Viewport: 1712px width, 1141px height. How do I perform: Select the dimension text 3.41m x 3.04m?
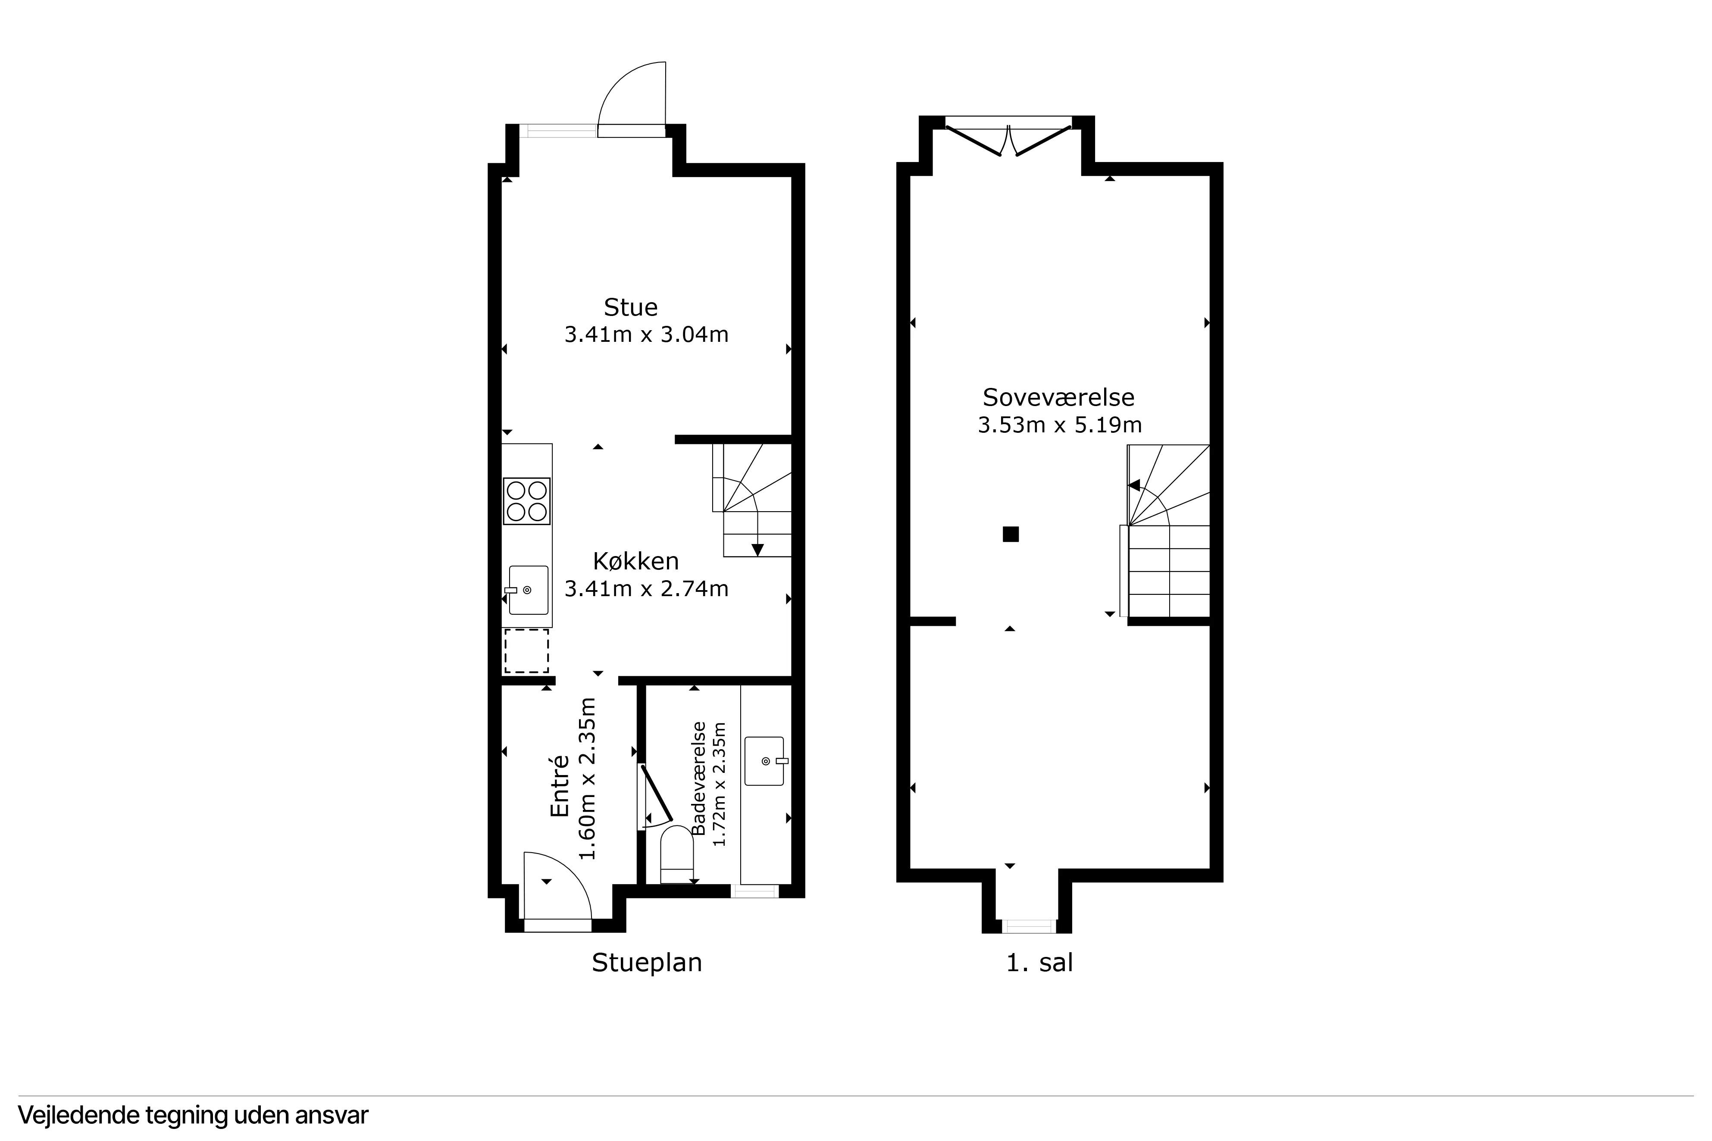click(x=646, y=335)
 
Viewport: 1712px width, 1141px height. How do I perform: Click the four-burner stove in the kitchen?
click(x=527, y=501)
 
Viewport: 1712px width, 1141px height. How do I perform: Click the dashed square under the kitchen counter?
click(x=526, y=651)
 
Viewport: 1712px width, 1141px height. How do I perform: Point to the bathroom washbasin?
click(x=764, y=761)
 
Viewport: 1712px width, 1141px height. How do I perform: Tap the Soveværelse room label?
click(x=1058, y=397)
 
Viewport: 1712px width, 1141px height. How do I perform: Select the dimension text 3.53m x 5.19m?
click(x=1059, y=425)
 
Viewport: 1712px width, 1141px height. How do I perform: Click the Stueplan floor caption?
click(x=646, y=963)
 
